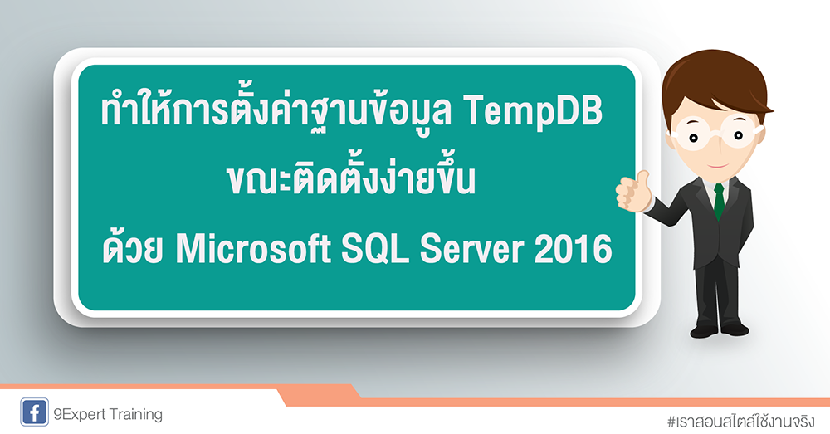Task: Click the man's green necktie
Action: click(718, 199)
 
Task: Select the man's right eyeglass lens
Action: click(735, 125)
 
